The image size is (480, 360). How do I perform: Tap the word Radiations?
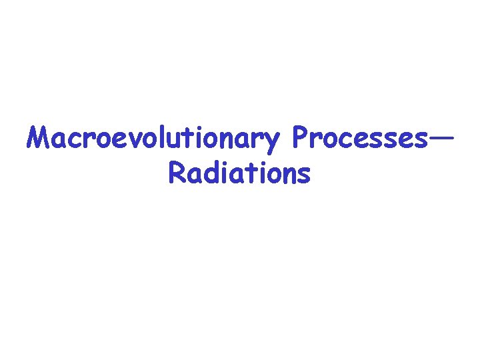click(x=239, y=173)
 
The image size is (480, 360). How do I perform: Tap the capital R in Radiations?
click(x=177, y=173)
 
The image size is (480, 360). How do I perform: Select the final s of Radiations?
click(x=303, y=175)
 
